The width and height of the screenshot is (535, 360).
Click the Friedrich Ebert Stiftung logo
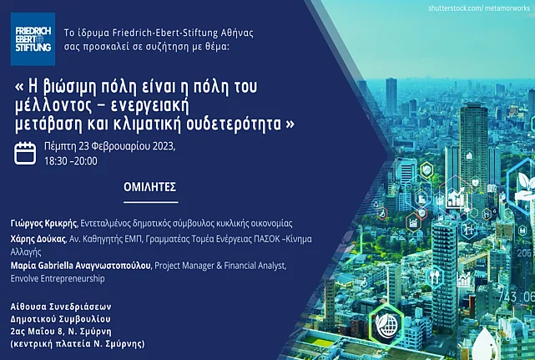click(33, 39)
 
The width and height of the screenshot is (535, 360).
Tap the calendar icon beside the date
click(25, 154)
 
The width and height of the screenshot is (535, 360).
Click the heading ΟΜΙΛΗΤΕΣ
click(149, 187)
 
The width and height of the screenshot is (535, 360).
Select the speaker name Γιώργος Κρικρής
click(43, 224)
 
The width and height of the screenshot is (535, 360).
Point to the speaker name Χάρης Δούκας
click(38, 239)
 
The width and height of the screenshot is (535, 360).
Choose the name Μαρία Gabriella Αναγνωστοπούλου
click(80, 266)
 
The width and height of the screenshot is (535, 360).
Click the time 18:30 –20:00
click(71, 161)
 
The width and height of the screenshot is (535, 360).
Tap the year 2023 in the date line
click(164, 146)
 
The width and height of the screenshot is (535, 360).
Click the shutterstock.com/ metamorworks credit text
click(479, 8)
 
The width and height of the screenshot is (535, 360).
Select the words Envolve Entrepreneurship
click(58, 278)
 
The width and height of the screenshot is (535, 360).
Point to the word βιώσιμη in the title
click(69, 88)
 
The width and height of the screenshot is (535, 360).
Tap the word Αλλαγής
click(26, 252)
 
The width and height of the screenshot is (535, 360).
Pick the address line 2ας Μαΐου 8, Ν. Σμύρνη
click(61, 332)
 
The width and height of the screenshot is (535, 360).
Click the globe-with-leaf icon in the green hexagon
click(386, 325)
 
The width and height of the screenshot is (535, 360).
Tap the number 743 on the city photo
click(508, 297)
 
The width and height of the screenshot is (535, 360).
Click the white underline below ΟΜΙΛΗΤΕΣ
click(151, 202)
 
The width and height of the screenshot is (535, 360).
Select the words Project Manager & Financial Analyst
click(220, 266)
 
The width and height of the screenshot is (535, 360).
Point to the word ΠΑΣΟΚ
click(266, 239)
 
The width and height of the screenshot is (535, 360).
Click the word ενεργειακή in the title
click(149, 107)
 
